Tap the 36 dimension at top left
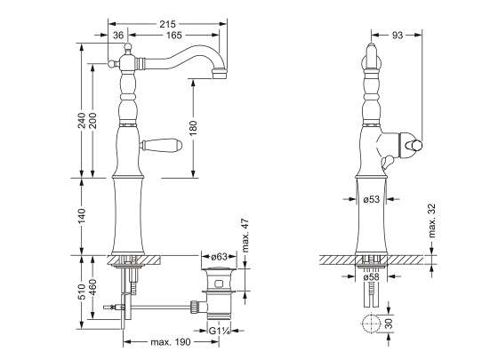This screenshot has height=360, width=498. (x=118, y=35)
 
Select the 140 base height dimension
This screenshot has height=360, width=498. (x=81, y=214)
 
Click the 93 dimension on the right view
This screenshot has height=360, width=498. (x=397, y=35)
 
